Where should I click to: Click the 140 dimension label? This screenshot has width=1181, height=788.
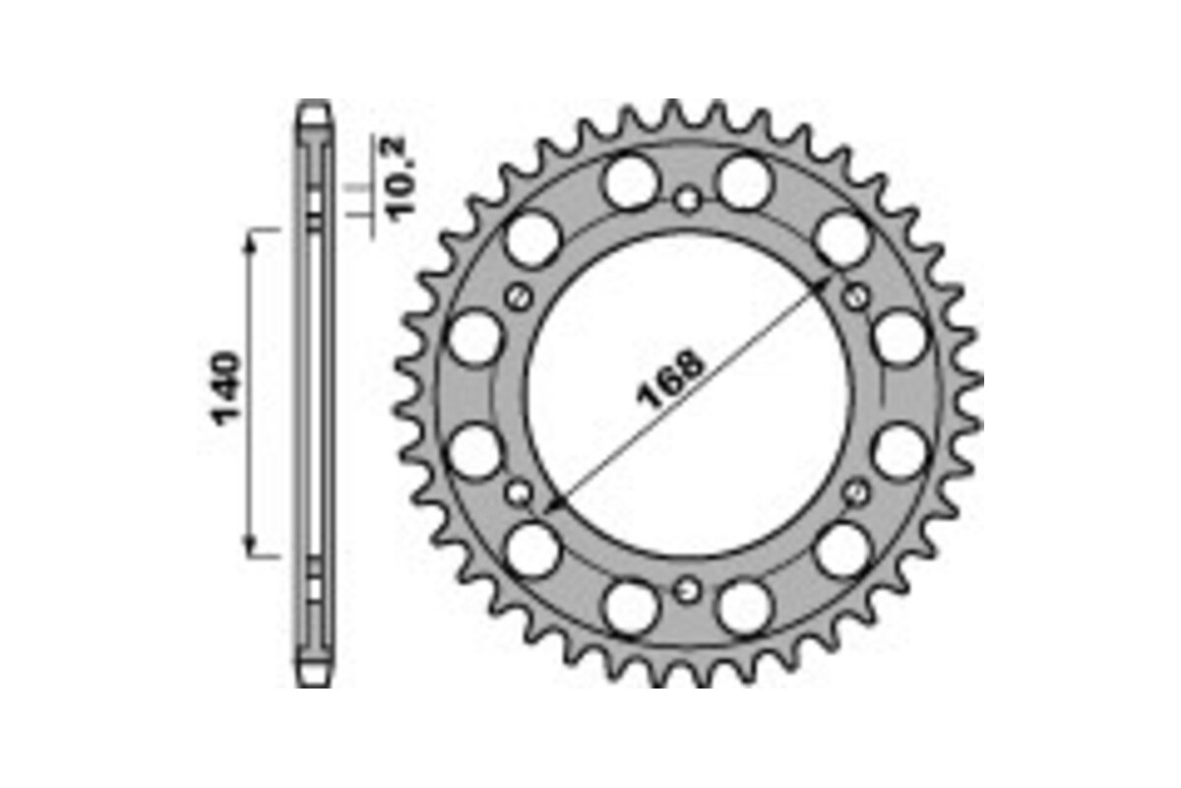(x=227, y=388)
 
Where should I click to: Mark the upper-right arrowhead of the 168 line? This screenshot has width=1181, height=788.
(x=825, y=284)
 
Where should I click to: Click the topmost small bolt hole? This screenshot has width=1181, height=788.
(x=688, y=201)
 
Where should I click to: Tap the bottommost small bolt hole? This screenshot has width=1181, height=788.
(x=688, y=589)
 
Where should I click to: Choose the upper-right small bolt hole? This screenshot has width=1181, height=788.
(x=857, y=295)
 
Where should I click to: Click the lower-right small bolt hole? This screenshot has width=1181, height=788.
(x=857, y=492)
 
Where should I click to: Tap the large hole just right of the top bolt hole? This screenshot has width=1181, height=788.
(x=744, y=181)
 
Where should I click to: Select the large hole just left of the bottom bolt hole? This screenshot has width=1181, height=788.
(x=631, y=607)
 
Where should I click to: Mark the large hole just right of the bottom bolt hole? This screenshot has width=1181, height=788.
(x=744, y=607)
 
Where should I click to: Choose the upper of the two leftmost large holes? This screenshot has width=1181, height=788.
(x=474, y=338)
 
